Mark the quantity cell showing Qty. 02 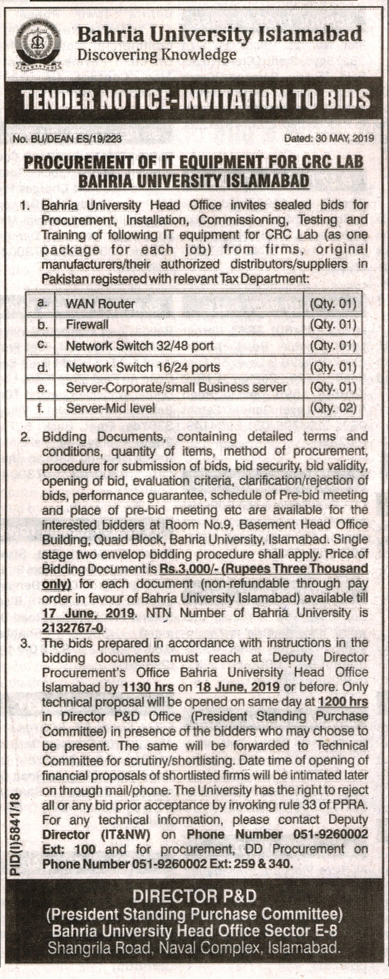click(332, 408)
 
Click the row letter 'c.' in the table click(42, 346)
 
